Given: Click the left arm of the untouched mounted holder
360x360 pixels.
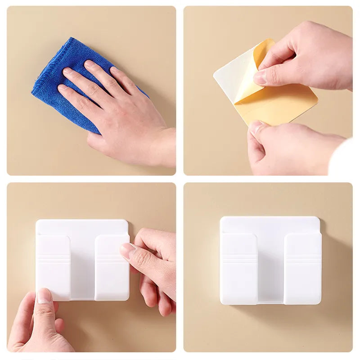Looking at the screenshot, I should tap(238, 270).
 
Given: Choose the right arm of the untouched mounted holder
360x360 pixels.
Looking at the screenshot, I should tap(302, 270).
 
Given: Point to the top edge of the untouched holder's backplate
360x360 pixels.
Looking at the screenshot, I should tap(270, 218).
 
